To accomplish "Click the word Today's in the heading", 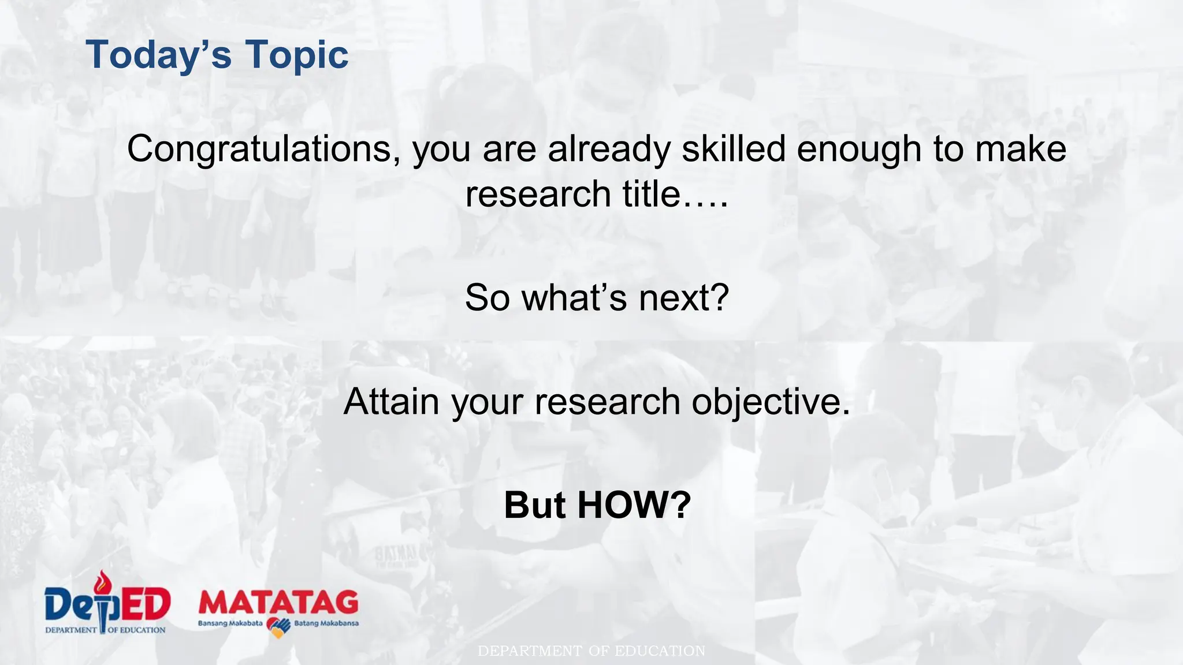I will pyautogui.click(x=158, y=55).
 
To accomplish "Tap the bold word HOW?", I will pyautogui.click(x=634, y=505).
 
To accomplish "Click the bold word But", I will pyautogui.click(x=534, y=505).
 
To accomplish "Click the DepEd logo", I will pyautogui.click(x=107, y=603).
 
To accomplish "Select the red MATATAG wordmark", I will pyautogui.click(x=278, y=603).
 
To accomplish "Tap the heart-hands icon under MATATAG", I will pyautogui.click(x=278, y=627).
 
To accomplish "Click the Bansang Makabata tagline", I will pyautogui.click(x=230, y=623).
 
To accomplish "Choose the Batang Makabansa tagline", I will pyautogui.click(x=326, y=623).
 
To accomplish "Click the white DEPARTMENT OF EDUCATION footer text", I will pyautogui.click(x=591, y=651).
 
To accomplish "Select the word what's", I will pyautogui.click(x=574, y=298).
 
